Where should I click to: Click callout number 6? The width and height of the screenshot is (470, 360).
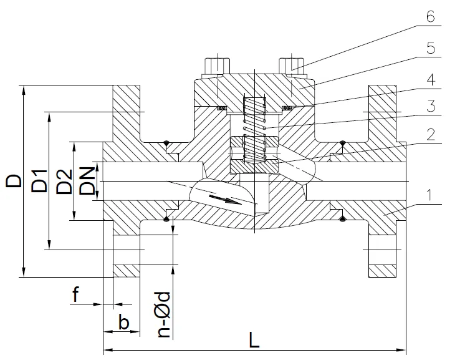[x=431, y=16]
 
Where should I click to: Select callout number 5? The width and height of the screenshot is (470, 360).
[x=431, y=48]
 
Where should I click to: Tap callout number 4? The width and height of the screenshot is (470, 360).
[x=431, y=80]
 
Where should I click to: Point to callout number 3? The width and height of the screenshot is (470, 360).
[x=431, y=107]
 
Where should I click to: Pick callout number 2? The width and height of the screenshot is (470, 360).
[x=431, y=134]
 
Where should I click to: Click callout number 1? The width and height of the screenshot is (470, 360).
[x=429, y=195]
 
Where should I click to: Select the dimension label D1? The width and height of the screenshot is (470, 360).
[x=39, y=181]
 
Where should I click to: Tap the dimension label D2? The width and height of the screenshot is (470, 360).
[x=64, y=182]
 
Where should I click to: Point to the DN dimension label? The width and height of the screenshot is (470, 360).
[x=87, y=181]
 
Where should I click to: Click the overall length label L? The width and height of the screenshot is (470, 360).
[x=254, y=340]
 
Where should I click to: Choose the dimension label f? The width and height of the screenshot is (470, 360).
[x=76, y=294]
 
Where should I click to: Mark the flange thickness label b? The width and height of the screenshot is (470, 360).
[x=124, y=322]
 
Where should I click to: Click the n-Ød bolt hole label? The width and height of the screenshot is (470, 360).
[x=165, y=314]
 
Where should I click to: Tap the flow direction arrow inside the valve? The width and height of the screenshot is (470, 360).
[x=225, y=200]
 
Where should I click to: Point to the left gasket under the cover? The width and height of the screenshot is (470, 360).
[x=222, y=107]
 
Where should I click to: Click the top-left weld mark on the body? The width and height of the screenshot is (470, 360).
[x=166, y=143]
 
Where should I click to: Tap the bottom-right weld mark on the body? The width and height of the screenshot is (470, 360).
[x=342, y=219]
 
